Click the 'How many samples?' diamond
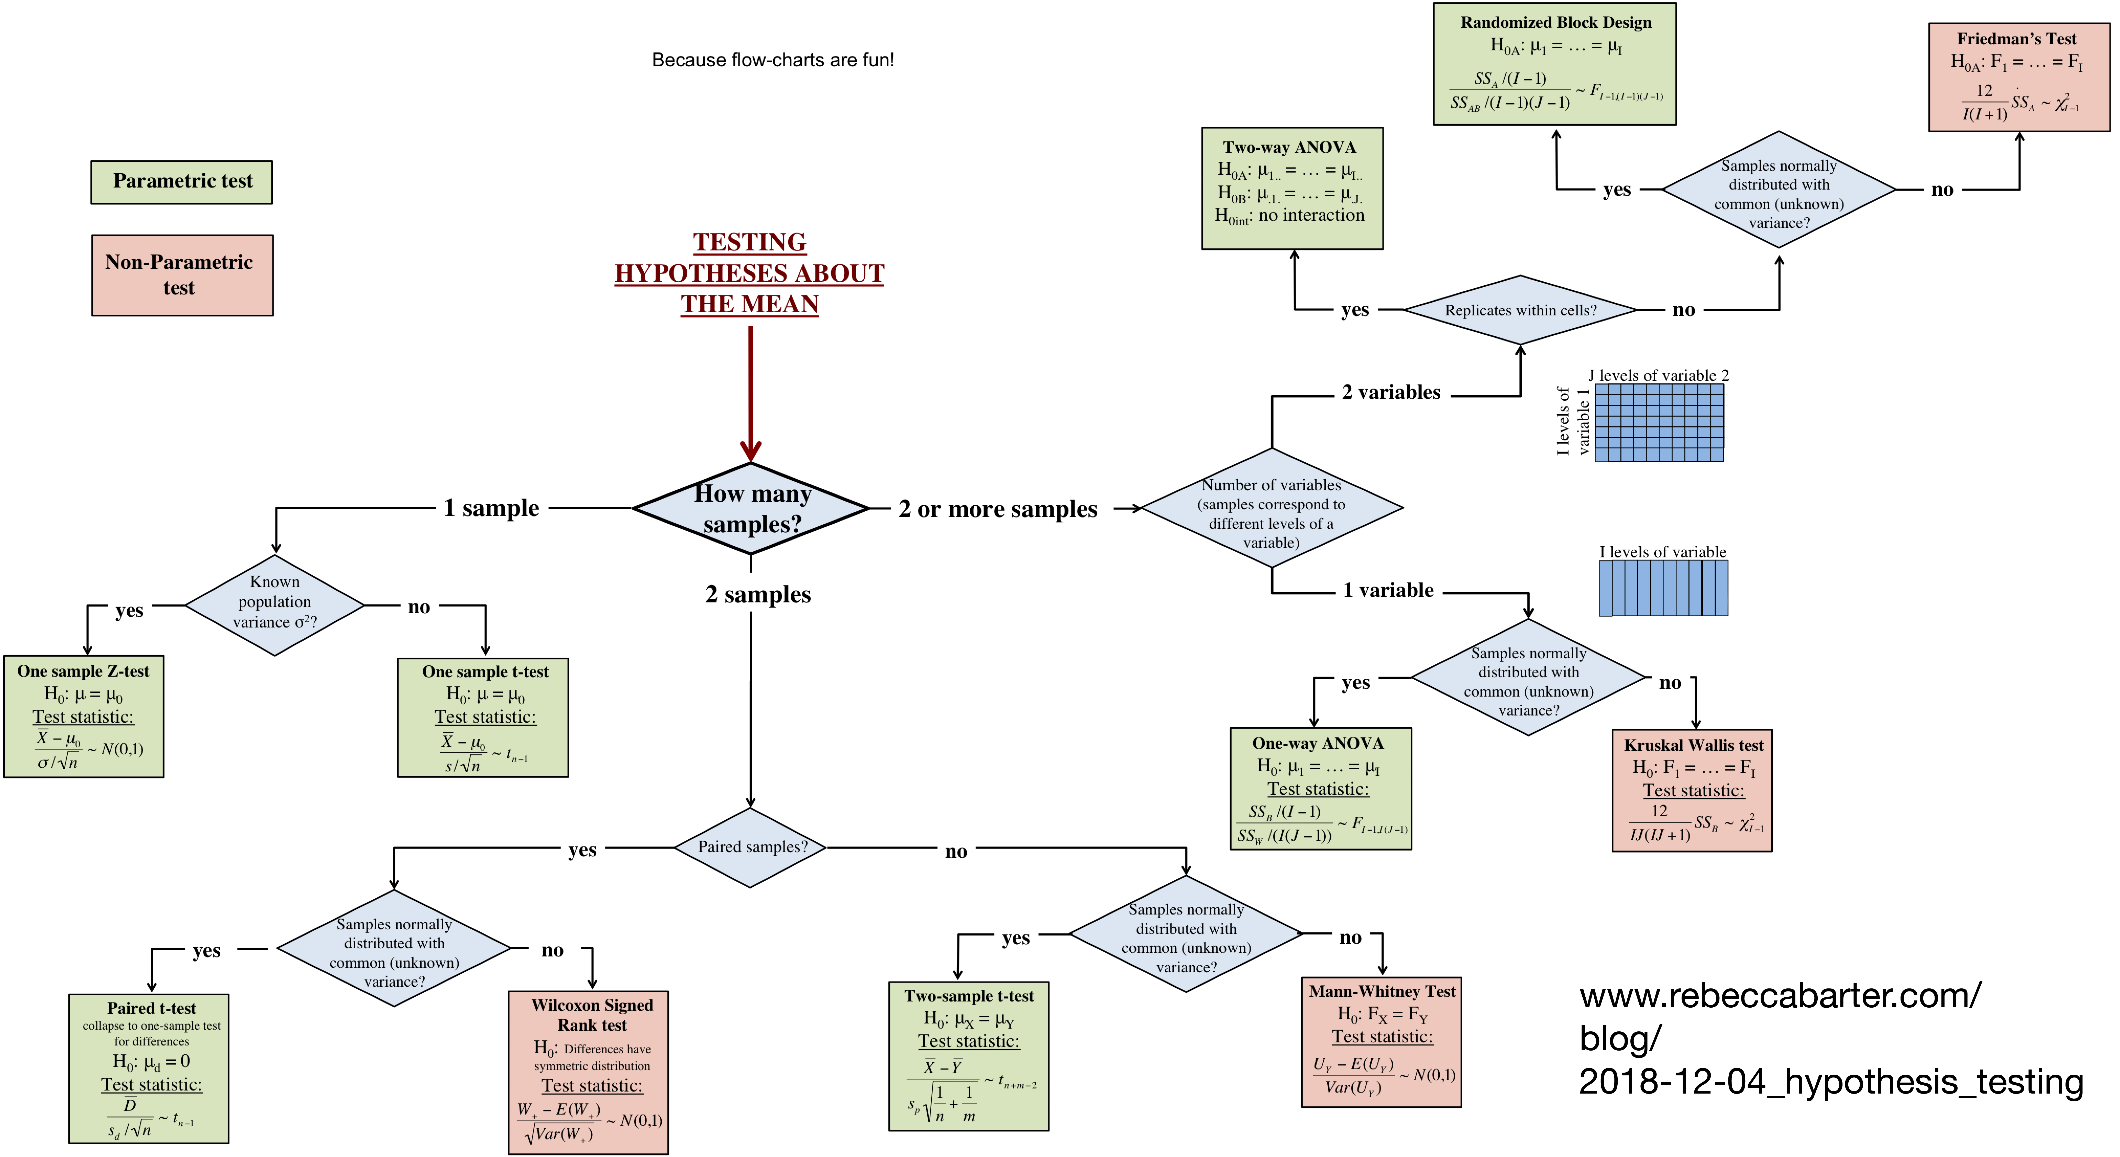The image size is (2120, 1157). [750, 509]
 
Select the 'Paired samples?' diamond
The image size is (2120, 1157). [750, 847]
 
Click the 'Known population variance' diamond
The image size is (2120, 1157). [274, 605]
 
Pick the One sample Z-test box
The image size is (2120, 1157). [84, 716]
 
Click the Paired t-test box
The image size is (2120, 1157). [149, 1068]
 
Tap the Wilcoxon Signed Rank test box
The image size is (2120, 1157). [588, 1072]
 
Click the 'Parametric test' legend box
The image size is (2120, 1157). [182, 182]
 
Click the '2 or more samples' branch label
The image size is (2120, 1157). [997, 509]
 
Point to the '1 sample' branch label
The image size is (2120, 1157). [491, 508]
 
